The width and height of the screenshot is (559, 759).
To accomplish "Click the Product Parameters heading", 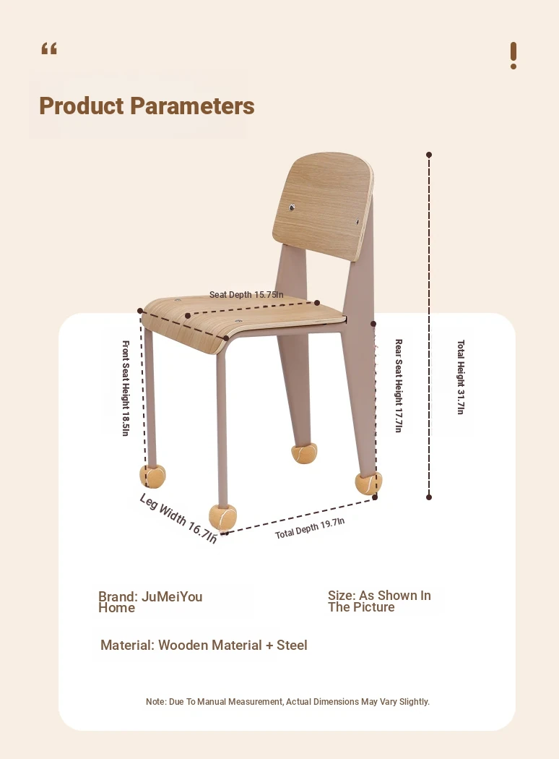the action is click(x=147, y=106).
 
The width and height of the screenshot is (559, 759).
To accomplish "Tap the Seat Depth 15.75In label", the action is click(x=246, y=295).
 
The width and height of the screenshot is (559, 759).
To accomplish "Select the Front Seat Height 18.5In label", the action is click(x=125, y=388).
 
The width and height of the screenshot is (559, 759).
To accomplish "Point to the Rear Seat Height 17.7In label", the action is click(x=399, y=386).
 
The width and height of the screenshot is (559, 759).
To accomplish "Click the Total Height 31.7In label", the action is click(x=460, y=377).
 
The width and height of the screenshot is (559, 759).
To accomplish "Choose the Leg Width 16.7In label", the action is click(x=178, y=518).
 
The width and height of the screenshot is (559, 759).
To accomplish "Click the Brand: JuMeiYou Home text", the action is click(x=150, y=601).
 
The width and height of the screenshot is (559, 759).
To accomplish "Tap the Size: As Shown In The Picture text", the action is click(x=379, y=601).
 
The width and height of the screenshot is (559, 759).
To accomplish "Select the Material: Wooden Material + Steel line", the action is click(x=204, y=646).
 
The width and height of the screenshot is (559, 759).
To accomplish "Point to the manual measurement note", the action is click(x=287, y=701).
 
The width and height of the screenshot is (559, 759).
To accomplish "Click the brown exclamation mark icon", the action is click(x=513, y=56).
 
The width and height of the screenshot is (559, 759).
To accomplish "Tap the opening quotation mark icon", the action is click(x=49, y=48).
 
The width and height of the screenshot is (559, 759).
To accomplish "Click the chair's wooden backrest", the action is click(x=323, y=207).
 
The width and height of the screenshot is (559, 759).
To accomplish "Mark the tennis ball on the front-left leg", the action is click(x=152, y=476).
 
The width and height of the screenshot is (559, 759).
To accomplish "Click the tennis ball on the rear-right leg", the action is click(x=368, y=483).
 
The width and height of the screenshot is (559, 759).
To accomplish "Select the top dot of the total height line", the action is click(x=429, y=155).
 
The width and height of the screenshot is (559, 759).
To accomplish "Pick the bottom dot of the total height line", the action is click(x=429, y=497).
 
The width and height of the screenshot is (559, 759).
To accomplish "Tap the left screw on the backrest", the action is click(x=292, y=207).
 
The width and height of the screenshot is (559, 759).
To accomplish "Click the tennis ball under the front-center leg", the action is click(x=222, y=517).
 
